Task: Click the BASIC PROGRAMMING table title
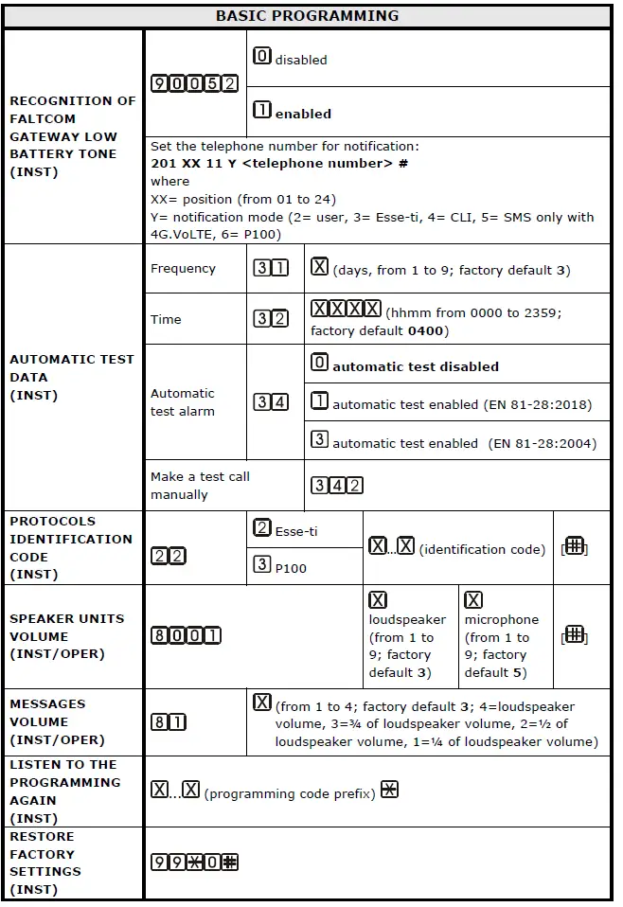307,16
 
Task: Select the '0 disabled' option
290,58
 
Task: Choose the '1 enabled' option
293,112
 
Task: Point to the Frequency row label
183,269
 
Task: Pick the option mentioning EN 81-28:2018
452,403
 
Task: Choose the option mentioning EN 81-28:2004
452,442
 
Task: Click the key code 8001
186,635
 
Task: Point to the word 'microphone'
501,619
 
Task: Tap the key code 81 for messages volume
169,722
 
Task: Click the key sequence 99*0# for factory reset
195,863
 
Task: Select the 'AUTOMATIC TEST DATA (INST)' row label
72,377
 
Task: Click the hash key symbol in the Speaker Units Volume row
574,635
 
